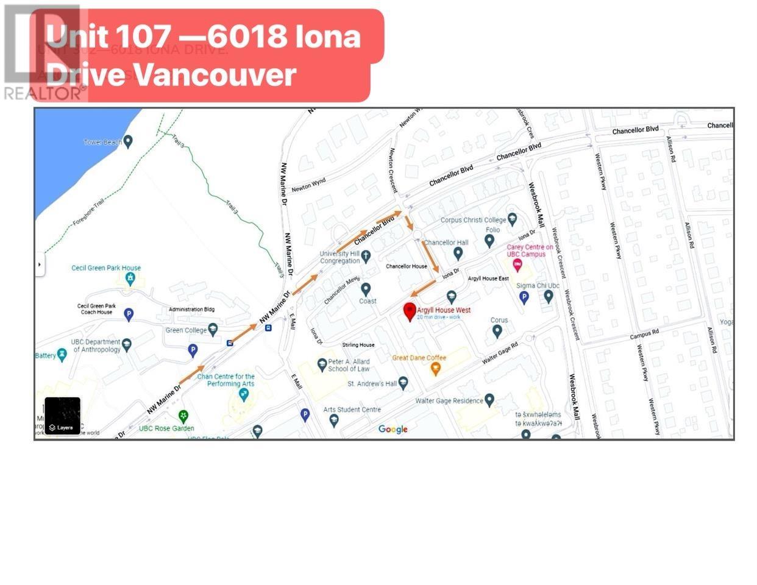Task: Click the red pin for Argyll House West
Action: tap(410, 312)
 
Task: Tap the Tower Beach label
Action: tap(102, 142)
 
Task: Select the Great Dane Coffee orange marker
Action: tap(435, 369)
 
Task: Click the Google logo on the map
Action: tap(393, 429)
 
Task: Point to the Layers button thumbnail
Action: tap(62, 416)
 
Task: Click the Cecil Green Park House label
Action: tap(106, 268)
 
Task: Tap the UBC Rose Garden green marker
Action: tap(183, 416)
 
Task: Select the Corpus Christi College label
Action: tap(473, 220)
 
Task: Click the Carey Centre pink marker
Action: tap(517, 265)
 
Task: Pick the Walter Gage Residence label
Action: tap(449, 401)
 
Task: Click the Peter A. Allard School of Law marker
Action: tap(322, 364)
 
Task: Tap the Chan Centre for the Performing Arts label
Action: tap(226, 380)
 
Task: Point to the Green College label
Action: tap(186, 330)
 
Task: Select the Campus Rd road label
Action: tap(644, 335)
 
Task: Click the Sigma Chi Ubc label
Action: tap(538, 286)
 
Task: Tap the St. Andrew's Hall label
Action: tap(372, 384)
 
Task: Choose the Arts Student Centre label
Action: tap(352, 409)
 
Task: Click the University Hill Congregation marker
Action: tap(366, 257)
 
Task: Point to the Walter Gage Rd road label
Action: tap(500, 353)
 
